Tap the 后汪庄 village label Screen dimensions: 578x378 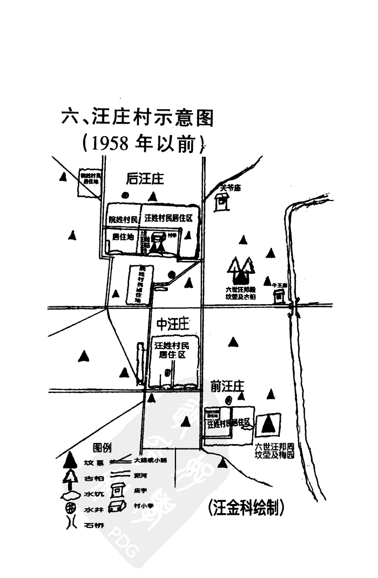(x=145, y=179)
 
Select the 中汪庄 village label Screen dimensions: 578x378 (x=172, y=324)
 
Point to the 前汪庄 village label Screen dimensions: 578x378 (x=227, y=386)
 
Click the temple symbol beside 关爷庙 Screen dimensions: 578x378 (x=221, y=202)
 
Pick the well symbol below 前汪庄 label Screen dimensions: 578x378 (x=229, y=400)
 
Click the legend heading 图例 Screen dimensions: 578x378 (x=102, y=447)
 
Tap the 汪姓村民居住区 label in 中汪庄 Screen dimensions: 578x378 (x=170, y=350)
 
